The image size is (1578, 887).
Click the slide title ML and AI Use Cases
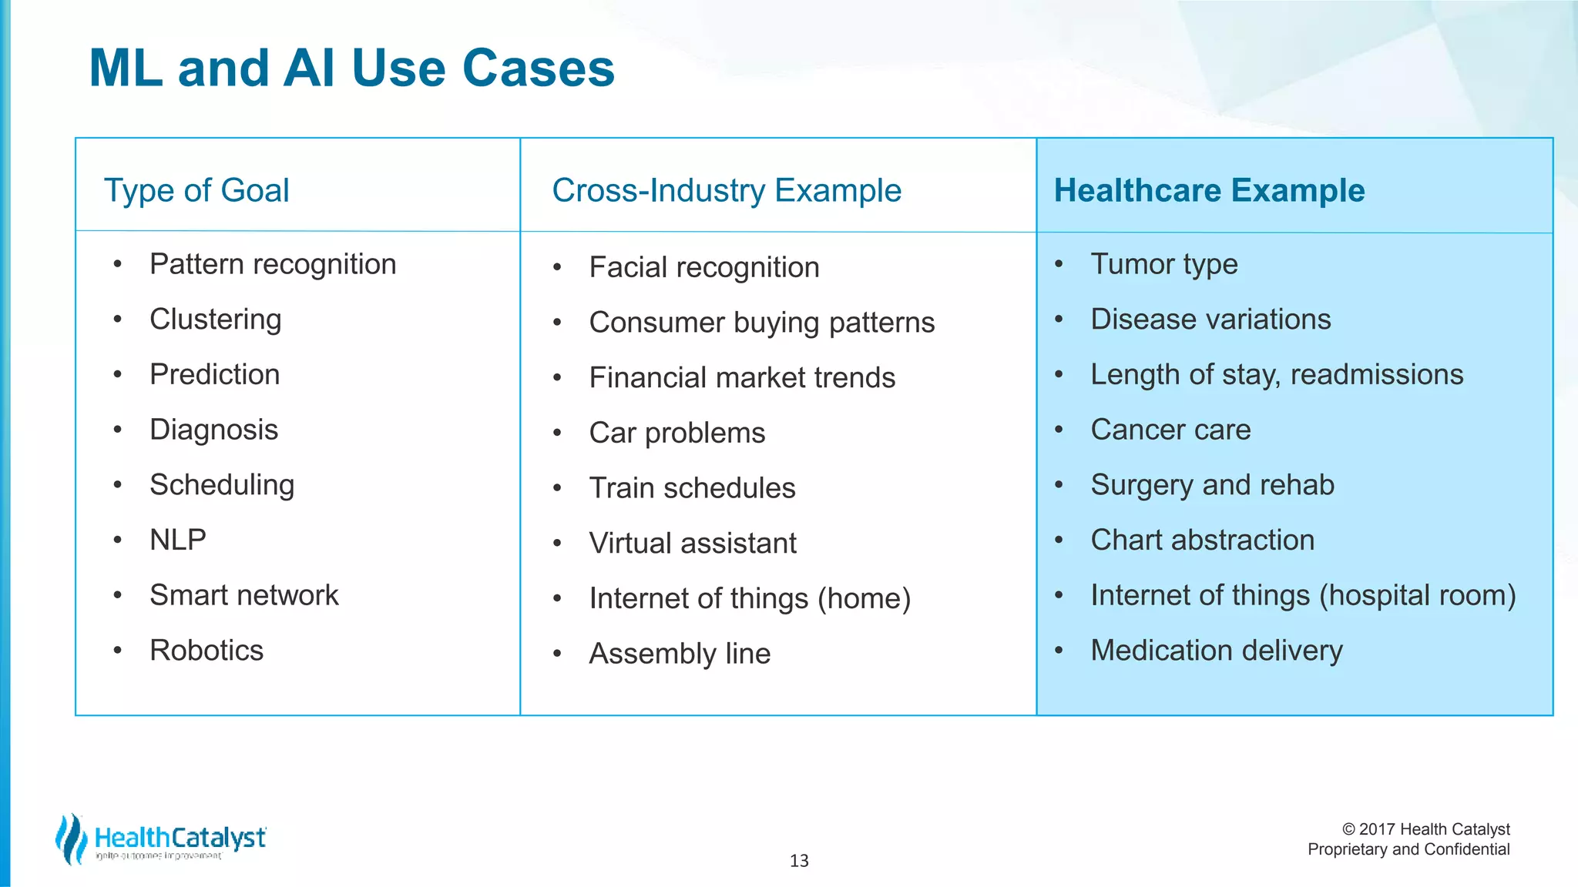point(351,69)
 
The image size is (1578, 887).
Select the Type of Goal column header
point(196,190)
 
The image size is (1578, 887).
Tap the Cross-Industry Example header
point(726,190)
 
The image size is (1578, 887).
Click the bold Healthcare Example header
point(1209,190)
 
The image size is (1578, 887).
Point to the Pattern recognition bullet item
point(273,264)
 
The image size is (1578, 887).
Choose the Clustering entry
point(216,320)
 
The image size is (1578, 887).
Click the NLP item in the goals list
point(178,540)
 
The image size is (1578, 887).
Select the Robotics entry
point(206,651)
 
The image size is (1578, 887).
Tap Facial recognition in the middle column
point(703,267)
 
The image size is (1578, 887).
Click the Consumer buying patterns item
point(761,323)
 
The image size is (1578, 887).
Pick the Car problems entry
point(677,433)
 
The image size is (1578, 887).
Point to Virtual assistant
point(692,544)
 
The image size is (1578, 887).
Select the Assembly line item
point(680,654)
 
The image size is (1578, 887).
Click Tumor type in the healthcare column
point(1163,264)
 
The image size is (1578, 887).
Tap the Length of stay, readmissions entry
point(1277,375)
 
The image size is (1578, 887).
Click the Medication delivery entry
point(1216,651)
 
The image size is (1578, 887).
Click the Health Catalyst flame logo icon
point(71,838)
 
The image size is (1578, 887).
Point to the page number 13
point(799,861)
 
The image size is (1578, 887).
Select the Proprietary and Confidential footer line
point(1408,849)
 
